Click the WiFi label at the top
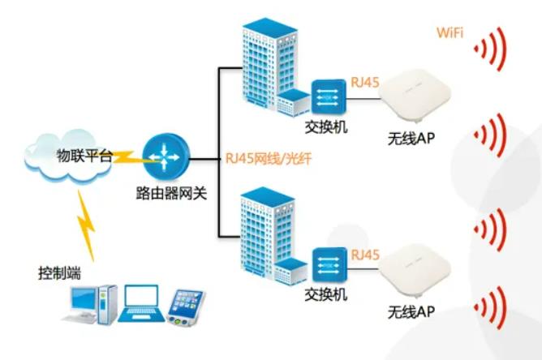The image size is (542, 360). tap(452, 33)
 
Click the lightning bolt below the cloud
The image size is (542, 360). tap(88, 223)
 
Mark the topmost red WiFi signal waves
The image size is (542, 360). tap(491, 48)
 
